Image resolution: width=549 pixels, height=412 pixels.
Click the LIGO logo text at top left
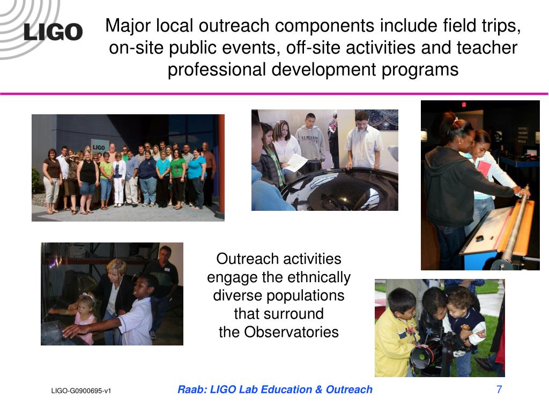53,32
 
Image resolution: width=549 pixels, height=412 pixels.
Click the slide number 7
499,389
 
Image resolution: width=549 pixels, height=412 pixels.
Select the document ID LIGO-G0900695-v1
81,391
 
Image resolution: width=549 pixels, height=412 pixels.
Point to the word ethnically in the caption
318,277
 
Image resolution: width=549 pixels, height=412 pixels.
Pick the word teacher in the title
487,48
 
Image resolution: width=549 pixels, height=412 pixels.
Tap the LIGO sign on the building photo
99,147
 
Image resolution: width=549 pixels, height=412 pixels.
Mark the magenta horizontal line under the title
274,94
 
